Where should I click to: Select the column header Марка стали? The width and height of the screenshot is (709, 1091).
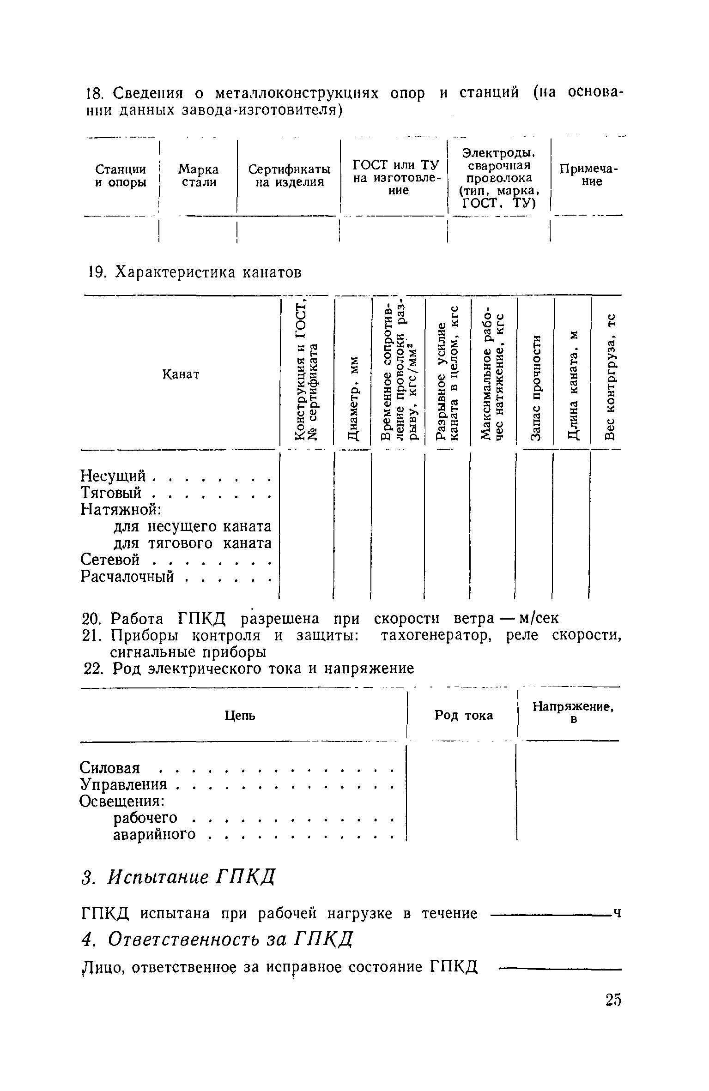coord(199,176)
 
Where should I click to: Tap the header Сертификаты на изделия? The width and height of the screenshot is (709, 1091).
coord(289,176)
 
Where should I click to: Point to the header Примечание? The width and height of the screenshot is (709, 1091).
coord(588,175)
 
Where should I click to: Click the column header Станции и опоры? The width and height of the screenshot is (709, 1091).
coord(121,176)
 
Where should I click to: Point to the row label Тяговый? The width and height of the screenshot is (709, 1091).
coord(111,493)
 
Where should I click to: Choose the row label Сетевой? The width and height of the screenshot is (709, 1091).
coord(110,560)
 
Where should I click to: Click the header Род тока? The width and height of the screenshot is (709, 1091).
coord(464,715)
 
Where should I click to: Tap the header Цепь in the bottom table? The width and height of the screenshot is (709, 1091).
coord(240,716)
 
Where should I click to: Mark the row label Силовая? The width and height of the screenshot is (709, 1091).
coord(109,768)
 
